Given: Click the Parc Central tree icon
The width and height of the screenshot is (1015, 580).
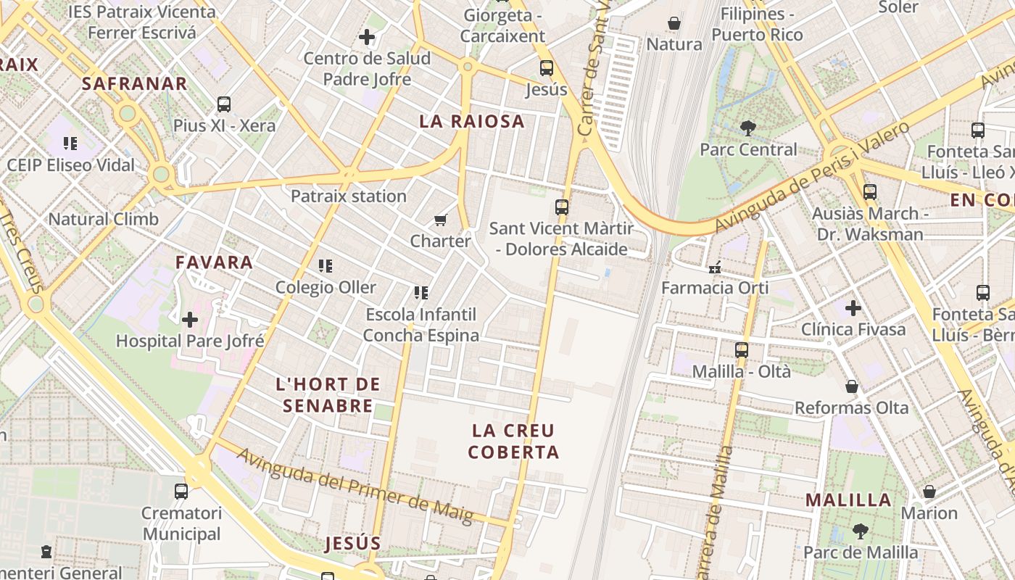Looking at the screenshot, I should pyautogui.click(x=748, y=128).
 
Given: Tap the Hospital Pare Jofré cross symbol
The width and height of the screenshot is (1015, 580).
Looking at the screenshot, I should pyautogui.click(x=190, y=319).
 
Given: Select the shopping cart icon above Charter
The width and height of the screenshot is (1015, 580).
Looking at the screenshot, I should pyautogui.click(x=440, y=220).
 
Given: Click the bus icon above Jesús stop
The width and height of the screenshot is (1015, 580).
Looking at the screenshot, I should pyautogui.click(x=547, y=68).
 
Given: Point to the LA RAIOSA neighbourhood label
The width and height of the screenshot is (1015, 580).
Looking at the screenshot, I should pyautogui.click(x=472, y=121).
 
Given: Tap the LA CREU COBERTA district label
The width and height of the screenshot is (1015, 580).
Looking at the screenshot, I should pyautogui.click(x=513, y=442).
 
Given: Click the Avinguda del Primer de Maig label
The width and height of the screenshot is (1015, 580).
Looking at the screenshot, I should pyautogui.click(x=355, y=486).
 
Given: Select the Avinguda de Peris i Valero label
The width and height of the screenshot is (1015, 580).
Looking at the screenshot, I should pyautogui.click(x=812, y=178).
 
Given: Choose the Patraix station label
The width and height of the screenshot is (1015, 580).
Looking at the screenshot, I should pyautogui.click(x=349, y=196).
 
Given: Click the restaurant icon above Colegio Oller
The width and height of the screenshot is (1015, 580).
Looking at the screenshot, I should pyautogui.click(x=326, y=266).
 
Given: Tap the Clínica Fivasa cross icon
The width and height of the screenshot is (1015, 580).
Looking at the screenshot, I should pyautogui.click(x=853, y=308).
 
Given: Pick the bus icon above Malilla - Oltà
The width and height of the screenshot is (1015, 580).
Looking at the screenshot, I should pyautogui.click(x=742, y=350).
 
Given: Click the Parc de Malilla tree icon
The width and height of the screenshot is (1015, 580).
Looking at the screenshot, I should pyautogui.click(x=861, y=531).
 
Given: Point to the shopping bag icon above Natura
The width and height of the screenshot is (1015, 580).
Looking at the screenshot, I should pyautogui.click(x=674, y=23).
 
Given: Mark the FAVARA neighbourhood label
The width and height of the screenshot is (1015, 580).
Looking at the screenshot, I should pyautogui.click(x=215, y=262).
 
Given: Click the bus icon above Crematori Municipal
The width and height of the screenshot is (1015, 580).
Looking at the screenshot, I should pyautogui.click(x=181, y=492).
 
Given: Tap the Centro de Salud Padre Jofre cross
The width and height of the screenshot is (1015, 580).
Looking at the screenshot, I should pyautogui.click(x=367, y=37).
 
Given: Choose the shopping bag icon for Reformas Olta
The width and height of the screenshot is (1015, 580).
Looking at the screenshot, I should pyautogui.click(x=852, y=386).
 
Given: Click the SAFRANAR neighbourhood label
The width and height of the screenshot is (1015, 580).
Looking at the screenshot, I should pyautogui.click(x=135, y=83).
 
